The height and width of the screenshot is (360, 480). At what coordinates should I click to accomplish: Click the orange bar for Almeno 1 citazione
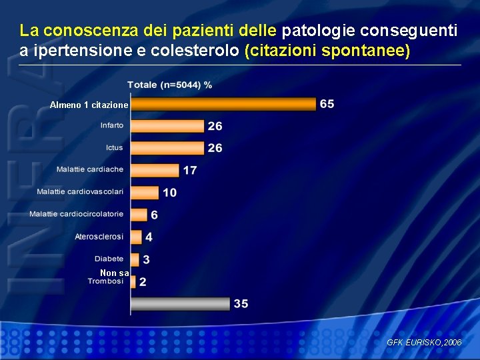click(x=223, y=104)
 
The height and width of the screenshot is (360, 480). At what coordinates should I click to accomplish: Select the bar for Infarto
click(x=167, y=126)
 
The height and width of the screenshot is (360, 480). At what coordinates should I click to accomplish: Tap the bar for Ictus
click(x=167, y=148)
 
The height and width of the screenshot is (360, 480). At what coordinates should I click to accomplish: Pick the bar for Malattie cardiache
click(x=155, y=170)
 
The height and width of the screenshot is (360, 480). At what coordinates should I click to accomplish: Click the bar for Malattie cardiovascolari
click(x=145, y=193)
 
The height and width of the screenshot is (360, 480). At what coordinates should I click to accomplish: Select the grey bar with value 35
click(x=180, y=304)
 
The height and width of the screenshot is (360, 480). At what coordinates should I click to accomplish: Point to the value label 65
click(x=327, y=104)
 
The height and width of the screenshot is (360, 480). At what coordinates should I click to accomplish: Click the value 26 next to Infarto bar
click(x=215, y=126)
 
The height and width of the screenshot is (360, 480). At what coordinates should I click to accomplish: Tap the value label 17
click(x=190, y=171)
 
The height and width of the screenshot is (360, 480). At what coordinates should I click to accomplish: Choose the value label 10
click(x=169, y=193)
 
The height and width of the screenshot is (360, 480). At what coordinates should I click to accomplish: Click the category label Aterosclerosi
click(x=99, y=237)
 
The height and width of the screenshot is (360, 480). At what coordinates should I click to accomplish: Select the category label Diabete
click(x=109, y=259)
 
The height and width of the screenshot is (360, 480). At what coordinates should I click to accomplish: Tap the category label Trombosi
click(x=105, y=281)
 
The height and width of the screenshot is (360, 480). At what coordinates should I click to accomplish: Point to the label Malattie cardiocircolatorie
click(x=76, y=214)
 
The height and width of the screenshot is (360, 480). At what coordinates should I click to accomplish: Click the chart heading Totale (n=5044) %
click(x=170, y=85)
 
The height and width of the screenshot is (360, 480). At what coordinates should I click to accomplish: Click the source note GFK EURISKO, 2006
click(x=423, y=342)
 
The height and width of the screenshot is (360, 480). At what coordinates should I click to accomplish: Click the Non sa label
click(x=114, y=273)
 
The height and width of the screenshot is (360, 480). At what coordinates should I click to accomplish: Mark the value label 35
click(x=241, y=304)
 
